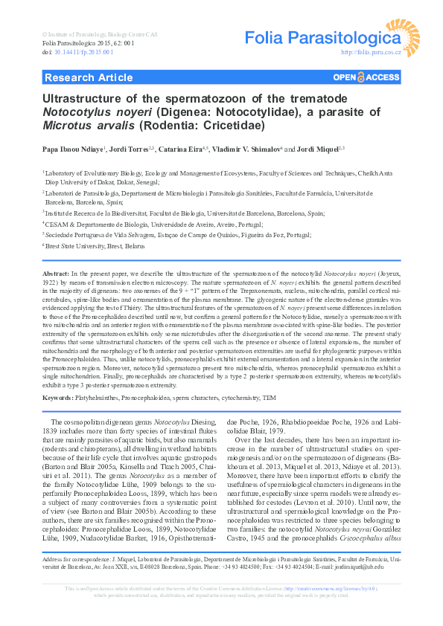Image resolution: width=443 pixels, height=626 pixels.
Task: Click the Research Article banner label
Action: tap(89, 77)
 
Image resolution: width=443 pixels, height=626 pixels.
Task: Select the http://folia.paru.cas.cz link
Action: tap(371, 53)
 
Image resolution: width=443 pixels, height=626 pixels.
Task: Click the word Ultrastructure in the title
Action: tap(82, 98)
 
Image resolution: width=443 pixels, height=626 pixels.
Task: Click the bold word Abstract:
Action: tap(56, 274)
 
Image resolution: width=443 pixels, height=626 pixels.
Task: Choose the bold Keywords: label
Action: tap(59, 398)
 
